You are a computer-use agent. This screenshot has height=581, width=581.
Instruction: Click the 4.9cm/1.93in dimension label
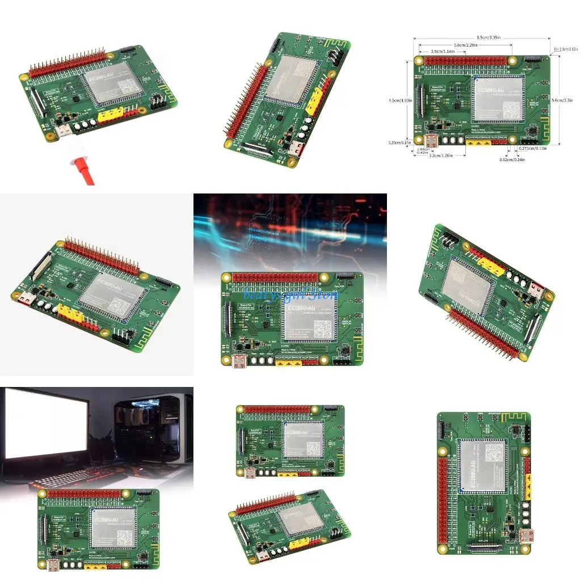[400, 100]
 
